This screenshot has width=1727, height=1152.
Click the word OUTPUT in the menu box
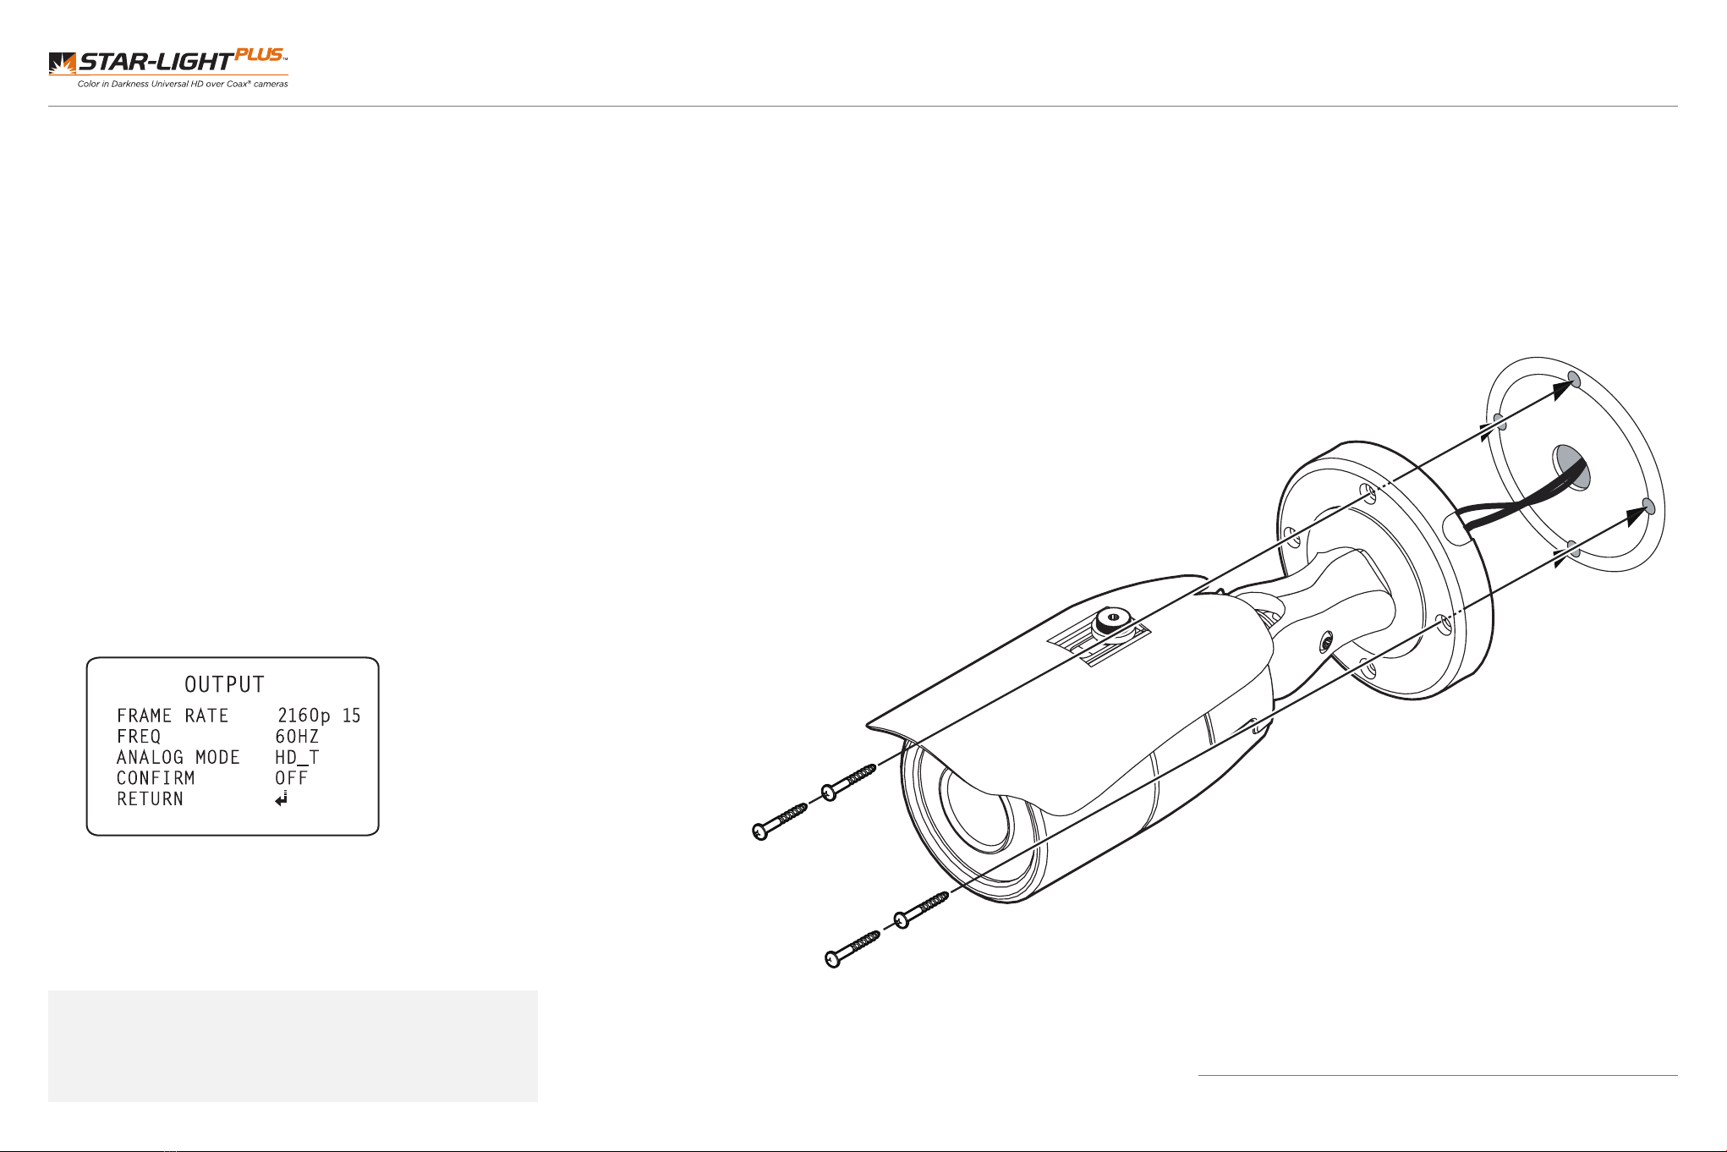click(x=225, y=684)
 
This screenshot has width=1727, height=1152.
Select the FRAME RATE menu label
click(x=173, y=716)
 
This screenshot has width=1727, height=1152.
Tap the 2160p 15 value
click(x=319, y=716)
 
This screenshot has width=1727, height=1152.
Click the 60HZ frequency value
click(x=297, y=737)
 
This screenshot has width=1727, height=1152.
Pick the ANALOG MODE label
click(x=178, y=757)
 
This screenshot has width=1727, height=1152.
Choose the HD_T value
click(x=297, y=758)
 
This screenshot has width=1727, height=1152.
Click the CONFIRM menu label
click(x=156, y=778)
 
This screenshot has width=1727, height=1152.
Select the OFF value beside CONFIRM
click(x=292, y=778)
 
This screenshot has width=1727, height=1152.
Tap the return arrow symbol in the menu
click(x=282, y=798)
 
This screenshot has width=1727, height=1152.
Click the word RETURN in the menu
click(x=150, y=798)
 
